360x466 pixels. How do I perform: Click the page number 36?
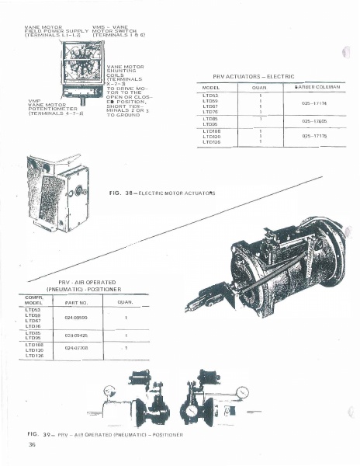32,444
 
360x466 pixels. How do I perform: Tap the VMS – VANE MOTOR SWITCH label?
117,31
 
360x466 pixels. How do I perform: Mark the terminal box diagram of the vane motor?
79,69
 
